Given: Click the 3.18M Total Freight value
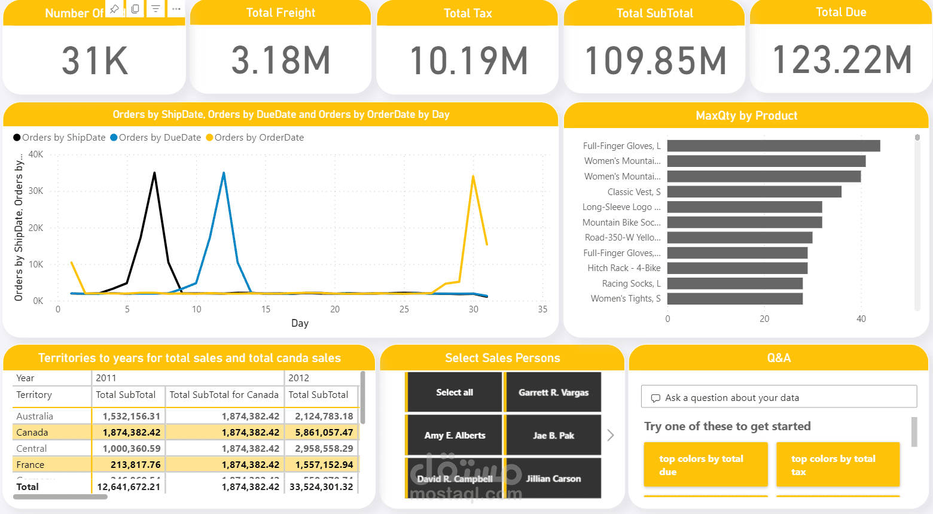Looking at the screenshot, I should [x=280, y=60].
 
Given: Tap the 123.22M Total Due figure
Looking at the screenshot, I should [x=841, y=60].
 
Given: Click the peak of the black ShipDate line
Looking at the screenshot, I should [x=154, y=173].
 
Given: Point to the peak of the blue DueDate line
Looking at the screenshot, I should [x=224, y=173].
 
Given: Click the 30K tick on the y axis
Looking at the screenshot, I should [x=36, y=191].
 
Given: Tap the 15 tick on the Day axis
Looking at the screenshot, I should [x=266, y=309].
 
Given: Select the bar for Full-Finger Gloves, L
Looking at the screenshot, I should [x=773, y=146].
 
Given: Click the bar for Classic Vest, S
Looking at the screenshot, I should [x=754, y=192].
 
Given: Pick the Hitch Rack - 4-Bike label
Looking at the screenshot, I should [x=624, y=268].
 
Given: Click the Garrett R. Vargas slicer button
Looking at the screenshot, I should [x=553, y=393].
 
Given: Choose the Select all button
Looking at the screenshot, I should [x=455, y=393].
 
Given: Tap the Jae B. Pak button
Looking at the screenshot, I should [x=553, y=436].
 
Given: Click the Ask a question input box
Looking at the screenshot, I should [x=779, y=397].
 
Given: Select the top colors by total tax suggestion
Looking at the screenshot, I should [x=837, y=465].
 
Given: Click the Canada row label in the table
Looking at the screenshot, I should [x=32, y=432].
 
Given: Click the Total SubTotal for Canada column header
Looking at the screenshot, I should [x=224, y=395].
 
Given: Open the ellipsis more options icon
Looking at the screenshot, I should [x=176, y=9].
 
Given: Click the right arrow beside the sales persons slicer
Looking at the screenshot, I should [x=611, y=435].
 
